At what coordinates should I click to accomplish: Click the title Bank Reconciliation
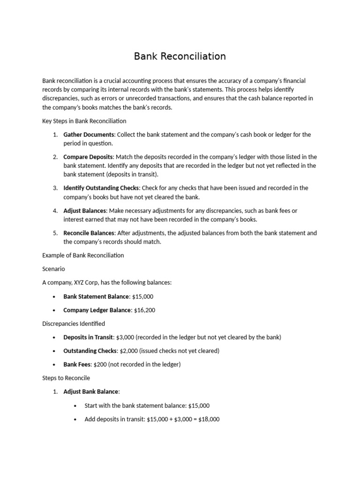click(x=180, y=56)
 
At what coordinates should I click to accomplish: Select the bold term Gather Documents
click(x=89, y=135)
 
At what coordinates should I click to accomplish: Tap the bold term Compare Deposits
click(x=88, y=157)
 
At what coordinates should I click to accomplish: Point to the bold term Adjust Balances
click(x=85, y=210)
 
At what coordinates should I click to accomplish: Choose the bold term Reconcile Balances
click(x=89, y=233)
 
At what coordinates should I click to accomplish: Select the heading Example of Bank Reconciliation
click(x=83, y=255)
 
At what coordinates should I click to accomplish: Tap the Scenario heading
click(x=53, y=269)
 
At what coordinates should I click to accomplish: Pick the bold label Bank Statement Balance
click(x=96, y=297)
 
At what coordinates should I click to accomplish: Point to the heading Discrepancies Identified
click(x=74, y=323)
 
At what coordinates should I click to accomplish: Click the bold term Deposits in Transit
click(x=88, y=337)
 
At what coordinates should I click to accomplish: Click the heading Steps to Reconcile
click(x=66, y=378)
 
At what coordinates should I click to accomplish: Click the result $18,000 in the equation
click(x=209, y=419)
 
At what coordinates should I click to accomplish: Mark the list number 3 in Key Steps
click(x=55, y=188)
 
